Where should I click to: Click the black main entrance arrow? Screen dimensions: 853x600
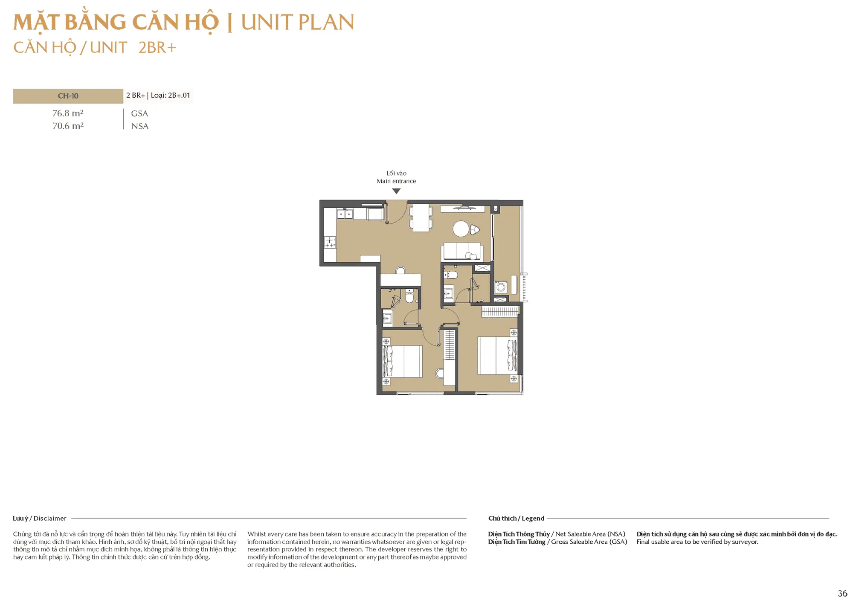coord(396,191)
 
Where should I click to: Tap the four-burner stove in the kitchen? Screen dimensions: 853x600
coord(330,243)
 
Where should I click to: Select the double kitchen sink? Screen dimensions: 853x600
coord(345,214)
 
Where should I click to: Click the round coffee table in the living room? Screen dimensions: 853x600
coord(461,229)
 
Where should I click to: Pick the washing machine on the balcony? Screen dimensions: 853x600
coord(501,287)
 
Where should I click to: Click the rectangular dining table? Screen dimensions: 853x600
coord(421,218)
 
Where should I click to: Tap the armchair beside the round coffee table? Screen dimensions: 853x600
coord(474,230)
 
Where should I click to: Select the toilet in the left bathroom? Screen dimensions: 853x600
coord(409,296)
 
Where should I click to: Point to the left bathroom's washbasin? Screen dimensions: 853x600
coord(387,318)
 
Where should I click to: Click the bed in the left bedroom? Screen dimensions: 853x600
coord(403,362)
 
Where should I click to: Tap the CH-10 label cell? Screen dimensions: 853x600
coord(68,96)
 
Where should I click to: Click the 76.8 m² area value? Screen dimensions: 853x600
coord(68,113)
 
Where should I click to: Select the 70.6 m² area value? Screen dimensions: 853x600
coord(68,126)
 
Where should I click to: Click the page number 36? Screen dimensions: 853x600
coord(842,593)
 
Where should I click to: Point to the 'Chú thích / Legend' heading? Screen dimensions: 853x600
coord(516,518)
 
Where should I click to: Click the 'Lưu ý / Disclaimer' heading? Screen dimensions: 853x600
coord(40,518)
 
